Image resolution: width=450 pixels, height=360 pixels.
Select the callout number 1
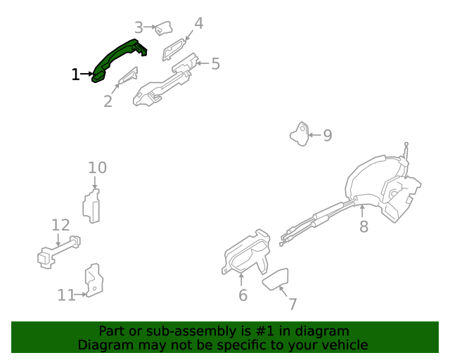(75, 74)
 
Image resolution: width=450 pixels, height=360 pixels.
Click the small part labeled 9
(300, 134)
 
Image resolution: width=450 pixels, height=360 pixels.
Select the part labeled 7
(276, 279)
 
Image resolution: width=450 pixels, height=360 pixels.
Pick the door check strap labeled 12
(59, 251)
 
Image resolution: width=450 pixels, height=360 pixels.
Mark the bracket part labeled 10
(91, 206)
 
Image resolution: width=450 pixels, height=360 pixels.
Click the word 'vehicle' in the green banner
(340, 345)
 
